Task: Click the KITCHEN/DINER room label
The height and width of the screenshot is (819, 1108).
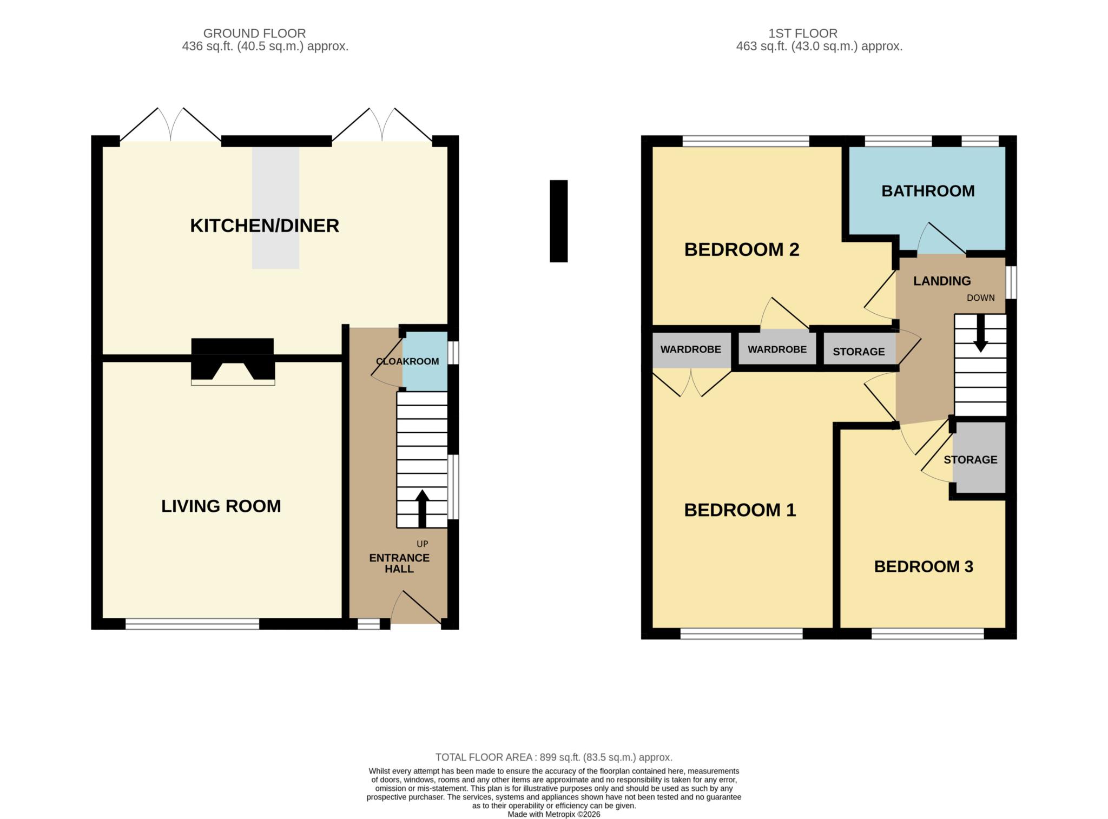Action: tap(265, 226)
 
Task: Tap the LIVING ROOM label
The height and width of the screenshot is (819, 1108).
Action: tap(221, 506)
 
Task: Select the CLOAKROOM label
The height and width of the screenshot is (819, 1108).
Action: tap(407, 361)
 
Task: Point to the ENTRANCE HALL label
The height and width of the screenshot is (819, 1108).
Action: tap(399, 563)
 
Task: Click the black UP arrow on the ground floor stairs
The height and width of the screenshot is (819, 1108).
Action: tap(422, 508)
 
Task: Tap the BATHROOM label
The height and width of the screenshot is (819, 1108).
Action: tap(928, 191)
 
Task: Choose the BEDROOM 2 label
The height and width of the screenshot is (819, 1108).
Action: tap(742, 249)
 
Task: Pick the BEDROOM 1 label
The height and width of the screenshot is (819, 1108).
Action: tap(740, 510)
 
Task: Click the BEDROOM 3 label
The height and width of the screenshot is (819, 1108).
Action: tap(924, 566)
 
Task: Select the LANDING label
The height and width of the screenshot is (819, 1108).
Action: tap(942, 281)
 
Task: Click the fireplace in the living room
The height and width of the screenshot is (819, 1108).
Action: tap(233, 361)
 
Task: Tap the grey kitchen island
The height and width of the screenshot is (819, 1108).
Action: tap(275, 208)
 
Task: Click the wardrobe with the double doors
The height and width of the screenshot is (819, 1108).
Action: tap(691, 349)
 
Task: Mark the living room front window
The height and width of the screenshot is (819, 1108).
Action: tap(193, 624)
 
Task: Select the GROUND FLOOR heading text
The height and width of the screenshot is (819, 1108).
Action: tap(254, 34)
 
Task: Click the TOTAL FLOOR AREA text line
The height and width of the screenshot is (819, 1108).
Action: tap(554, 757)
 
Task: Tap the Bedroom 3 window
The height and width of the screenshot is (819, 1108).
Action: tap(927, 633)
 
